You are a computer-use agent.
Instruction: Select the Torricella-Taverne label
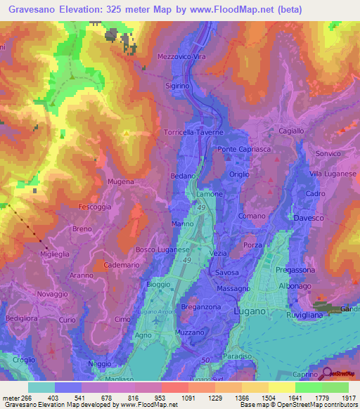(202, 132)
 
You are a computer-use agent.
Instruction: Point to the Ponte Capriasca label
(242, 149)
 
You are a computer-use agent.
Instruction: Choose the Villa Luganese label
(333, 173)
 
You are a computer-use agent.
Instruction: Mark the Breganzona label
(201, 306)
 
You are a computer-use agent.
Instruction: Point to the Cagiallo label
(290, 131)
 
